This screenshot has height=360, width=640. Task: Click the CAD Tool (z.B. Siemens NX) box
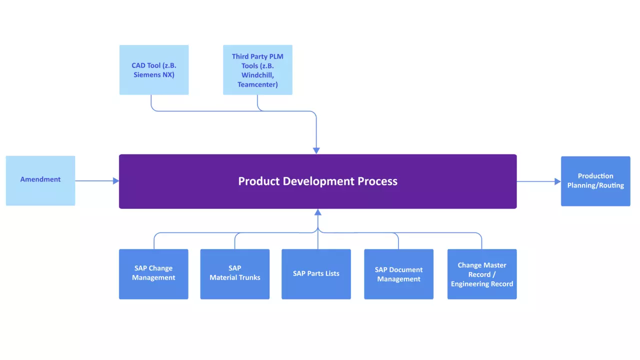[154, 69]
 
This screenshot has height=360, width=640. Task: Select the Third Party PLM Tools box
[257, 69]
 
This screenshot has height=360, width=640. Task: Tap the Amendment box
[40, 180]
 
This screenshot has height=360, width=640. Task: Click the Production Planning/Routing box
[595, 181]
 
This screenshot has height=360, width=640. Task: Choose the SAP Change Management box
[153, 274]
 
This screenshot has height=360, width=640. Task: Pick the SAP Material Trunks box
[235, 274]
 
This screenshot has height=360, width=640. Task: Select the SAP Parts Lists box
[316, 274]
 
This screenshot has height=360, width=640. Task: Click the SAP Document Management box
[399, 274]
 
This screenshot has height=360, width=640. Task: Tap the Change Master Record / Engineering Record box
[482, 274]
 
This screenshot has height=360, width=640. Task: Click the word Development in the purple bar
[318, 181]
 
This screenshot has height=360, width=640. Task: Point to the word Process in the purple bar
[377, 181]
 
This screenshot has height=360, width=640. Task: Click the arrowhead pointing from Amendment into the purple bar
[115, 180]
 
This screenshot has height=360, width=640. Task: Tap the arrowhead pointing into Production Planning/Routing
[557, 181]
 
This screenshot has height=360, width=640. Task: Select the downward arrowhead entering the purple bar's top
[316, 151]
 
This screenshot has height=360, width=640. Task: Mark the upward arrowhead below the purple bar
[318, 212]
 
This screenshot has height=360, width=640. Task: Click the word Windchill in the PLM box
[257, 75]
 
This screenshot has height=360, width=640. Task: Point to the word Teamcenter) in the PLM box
[257, 84]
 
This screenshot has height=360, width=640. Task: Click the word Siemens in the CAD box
[147, 74]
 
